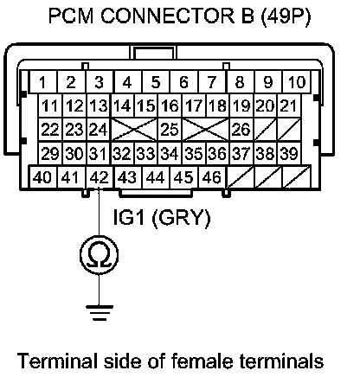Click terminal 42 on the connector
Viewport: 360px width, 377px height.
100,177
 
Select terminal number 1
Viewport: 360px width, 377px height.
43,82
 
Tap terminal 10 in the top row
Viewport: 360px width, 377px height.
297,82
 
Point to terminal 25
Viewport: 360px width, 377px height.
170,129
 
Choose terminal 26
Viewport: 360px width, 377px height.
241,129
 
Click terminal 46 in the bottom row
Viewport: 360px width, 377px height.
213,177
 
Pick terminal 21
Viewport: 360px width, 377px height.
289,105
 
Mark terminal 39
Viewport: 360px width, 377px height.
289,153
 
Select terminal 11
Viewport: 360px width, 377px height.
50,105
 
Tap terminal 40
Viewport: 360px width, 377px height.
43,177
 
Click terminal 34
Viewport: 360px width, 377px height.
170,153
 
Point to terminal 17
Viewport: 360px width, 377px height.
194,105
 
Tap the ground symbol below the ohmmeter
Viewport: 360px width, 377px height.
100,313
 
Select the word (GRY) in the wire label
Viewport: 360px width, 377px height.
181,218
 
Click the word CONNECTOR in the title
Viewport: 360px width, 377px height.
168,16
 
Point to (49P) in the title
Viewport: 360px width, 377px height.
286,16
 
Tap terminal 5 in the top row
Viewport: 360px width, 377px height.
156,82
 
